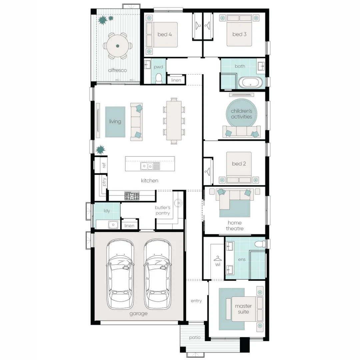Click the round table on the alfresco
click(118, 46)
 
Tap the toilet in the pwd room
click(159, 79)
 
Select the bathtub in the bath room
click(250, 83)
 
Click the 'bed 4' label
click(164, 34)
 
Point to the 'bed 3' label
click(239, 34)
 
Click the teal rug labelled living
click(115, 122)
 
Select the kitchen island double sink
click(150, 166)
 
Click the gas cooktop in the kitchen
click(132, 196)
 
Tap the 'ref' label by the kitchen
click(104, 165)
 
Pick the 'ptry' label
click(104, 182)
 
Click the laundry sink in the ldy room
click(113, 225)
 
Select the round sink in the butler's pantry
click(178, 203)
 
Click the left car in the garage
click(120, 274)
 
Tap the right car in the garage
click(157, 274)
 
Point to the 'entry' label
click(196, 301)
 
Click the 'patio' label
click(195, 337)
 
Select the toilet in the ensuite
click(260, 244)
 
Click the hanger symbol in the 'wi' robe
click(218, 259)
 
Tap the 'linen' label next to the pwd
click(176, 80)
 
